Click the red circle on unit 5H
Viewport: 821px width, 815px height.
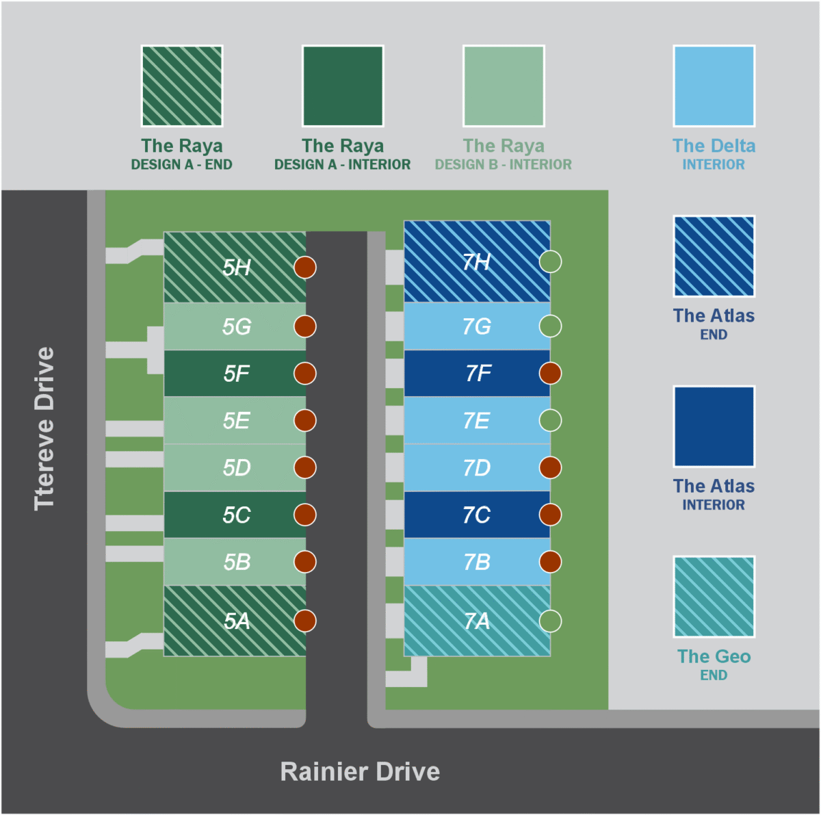coord(305,267)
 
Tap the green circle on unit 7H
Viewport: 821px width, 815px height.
coord(550,261)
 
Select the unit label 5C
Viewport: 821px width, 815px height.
coord(237,515)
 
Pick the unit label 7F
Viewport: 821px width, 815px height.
coord(478,374)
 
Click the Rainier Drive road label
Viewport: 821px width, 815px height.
coord(360,771)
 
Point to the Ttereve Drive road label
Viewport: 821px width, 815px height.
coord(44,428)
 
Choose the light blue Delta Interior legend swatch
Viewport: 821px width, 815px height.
coord(714,86)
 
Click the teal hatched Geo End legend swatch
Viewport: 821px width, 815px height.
coord(714,597)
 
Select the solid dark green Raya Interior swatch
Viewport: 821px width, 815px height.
coord(343,86)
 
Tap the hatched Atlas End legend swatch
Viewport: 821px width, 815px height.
coord(714,257)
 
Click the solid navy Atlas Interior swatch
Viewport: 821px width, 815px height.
coord(714,426)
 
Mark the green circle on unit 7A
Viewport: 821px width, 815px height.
coord(550,621)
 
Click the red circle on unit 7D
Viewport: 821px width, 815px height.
coord(550,468)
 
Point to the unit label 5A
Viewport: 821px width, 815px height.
coord(237,621)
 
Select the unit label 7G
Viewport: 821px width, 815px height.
coord(477,326)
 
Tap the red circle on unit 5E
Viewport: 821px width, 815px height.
coord(305,420)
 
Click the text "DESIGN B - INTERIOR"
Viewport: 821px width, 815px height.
coord(503,165)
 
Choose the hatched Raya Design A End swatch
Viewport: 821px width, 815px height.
coord(182,86)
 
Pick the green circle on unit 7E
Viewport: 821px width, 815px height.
coord(550,420)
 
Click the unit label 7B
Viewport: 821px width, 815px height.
coord(477,562)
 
